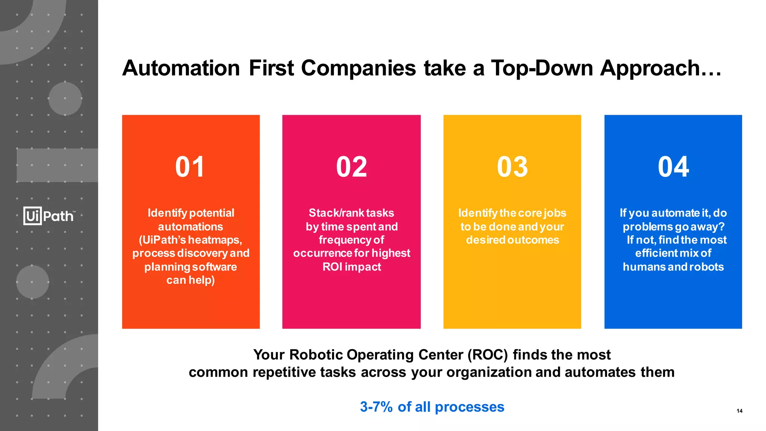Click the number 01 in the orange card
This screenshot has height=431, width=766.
pyautogui.click(x=190, y=167)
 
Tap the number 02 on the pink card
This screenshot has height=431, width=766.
pyautogui.click(x=351, y=167)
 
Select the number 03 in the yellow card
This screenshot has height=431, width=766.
pyautogui.click(x=512, y=167)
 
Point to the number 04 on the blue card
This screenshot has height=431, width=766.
pyautogui.click(x=673, y=167)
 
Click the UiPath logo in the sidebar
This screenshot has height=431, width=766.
pyautogui.click(x=49, y=216)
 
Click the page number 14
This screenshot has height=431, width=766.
pyautogui.click(x=739, y=411)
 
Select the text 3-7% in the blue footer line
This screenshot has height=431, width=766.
pyautogui.click(x=376, y=407)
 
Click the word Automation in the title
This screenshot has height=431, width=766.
pyautogui.click(x=181, y=68)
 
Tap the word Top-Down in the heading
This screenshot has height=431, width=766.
pyautogui.click(x=542, y=68)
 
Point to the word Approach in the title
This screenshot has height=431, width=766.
pyautogui.click(x=650, y=68)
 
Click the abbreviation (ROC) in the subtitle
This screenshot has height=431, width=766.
pyautogui.click(x=488, y=355)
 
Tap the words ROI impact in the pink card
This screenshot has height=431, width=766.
pyautogui.click(x=352, y=267)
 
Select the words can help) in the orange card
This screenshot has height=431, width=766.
pyautogui.click(x=190, y=280)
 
